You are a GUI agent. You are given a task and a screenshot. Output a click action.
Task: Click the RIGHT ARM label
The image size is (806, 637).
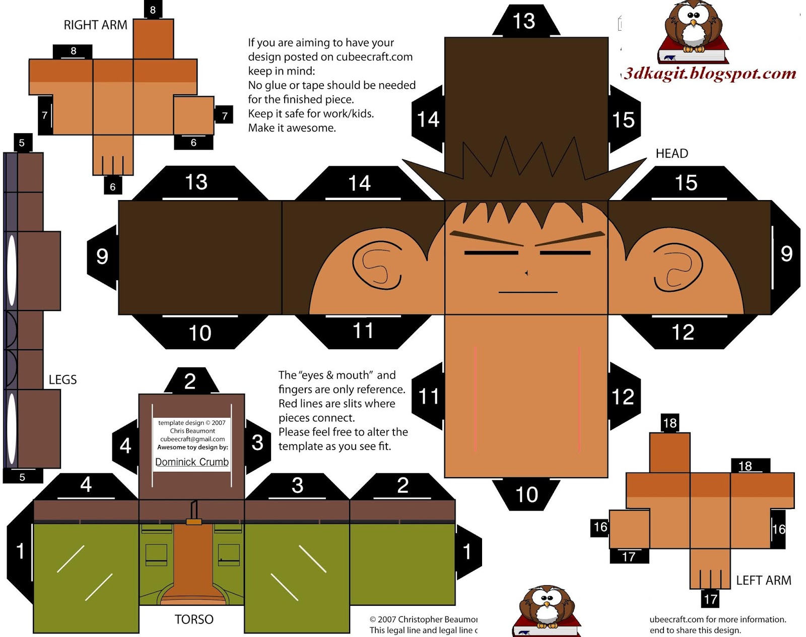point(95,25)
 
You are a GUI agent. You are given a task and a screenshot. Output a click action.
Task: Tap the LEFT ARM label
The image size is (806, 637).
point(763,581)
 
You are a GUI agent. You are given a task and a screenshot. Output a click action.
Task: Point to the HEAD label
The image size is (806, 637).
point(671,154)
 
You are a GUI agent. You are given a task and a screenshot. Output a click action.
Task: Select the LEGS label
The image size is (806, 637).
point(62,380)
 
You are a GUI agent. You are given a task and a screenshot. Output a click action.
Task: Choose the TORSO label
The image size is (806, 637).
point(194,619)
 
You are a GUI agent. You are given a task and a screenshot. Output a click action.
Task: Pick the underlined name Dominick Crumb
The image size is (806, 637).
point(192,462)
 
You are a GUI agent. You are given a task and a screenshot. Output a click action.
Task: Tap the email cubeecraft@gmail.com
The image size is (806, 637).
point(192,439)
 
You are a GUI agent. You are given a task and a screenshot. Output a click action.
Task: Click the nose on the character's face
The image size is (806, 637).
point(526,273)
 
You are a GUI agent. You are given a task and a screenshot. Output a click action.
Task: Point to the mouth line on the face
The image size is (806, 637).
point(528,292)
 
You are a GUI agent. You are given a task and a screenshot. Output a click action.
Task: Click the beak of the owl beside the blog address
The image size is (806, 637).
point(693,23)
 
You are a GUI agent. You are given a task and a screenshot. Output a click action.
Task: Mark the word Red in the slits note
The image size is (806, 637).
point(288,404)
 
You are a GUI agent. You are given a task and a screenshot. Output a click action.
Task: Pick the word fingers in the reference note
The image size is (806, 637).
point(295,390)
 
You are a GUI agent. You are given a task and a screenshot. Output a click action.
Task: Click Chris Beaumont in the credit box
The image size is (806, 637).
point(192,431)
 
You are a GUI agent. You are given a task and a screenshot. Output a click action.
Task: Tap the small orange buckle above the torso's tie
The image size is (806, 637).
point(194,522)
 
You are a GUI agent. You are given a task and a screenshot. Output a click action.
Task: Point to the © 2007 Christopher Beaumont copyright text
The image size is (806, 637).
point(423,619)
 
